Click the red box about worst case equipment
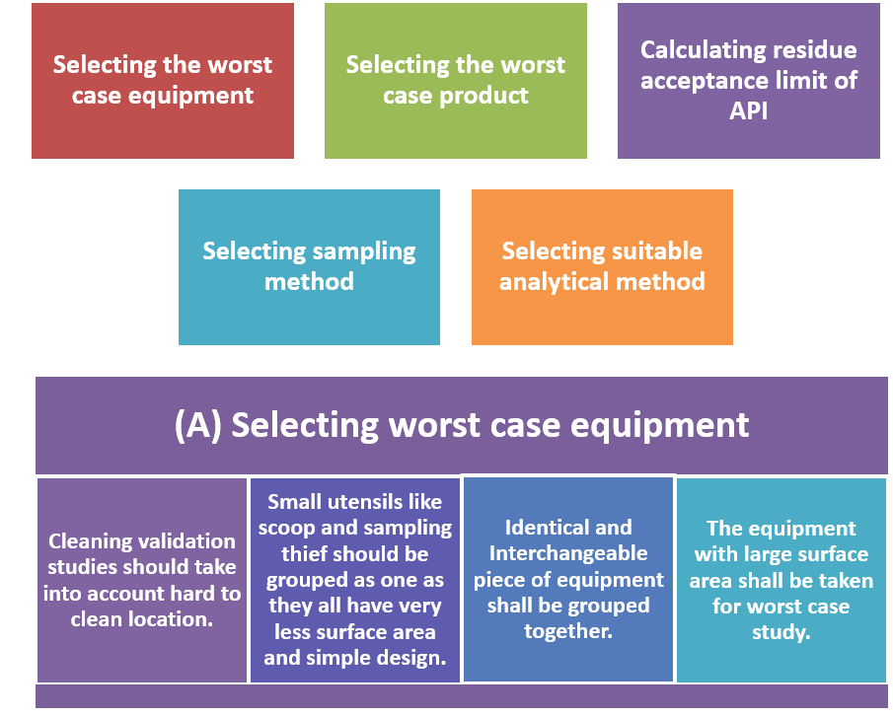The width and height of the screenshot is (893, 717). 162,81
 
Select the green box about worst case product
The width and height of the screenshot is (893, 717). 455,81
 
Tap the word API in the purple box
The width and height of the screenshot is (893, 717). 749,110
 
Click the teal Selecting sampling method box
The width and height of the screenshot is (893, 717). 309,266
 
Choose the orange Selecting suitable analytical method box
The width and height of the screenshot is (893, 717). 602,266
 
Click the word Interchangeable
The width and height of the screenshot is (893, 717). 568,553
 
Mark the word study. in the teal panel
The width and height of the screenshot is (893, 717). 781,632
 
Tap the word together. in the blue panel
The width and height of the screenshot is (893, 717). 568,630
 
